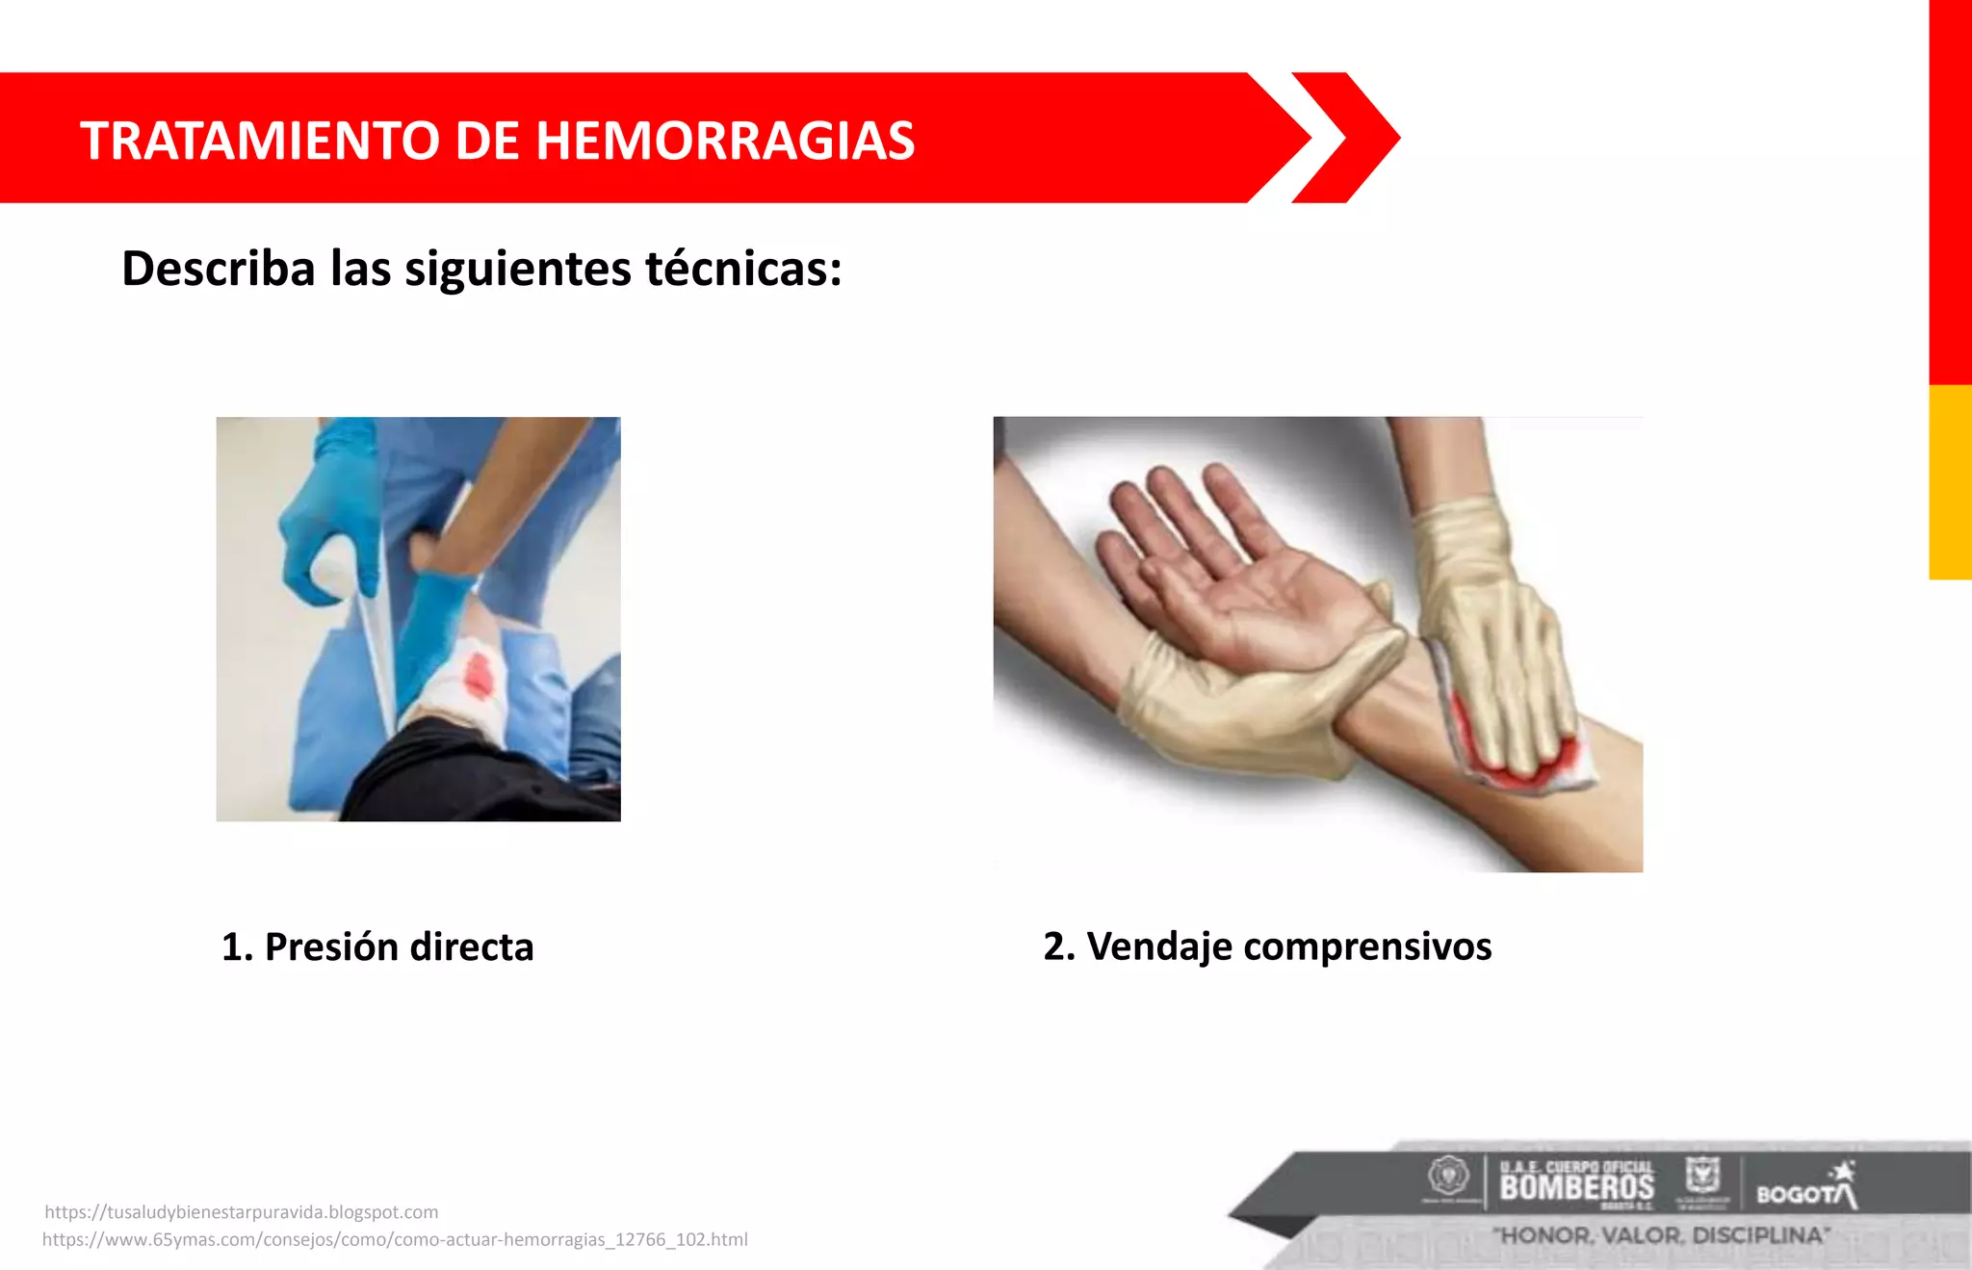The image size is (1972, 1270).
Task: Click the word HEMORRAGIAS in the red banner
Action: [x=724, y=141]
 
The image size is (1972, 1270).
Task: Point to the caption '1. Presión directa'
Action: [x=377, y=946]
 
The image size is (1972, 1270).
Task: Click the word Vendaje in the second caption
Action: [x=1159, y=946]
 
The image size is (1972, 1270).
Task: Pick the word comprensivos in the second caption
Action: [x=1367, y=946]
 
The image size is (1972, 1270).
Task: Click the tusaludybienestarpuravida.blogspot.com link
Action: [x=242, y=1212]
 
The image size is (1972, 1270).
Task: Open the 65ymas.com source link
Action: [x=395, y=1239]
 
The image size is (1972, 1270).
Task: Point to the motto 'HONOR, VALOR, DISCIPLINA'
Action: [x=1661, y=1235]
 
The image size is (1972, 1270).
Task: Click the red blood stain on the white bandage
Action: [x=479, y=674]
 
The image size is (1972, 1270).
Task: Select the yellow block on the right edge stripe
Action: [x=1950, y=481]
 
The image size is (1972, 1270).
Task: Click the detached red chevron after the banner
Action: [x=1348, y=138]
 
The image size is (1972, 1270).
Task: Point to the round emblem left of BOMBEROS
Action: [x=1447, y=1177]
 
